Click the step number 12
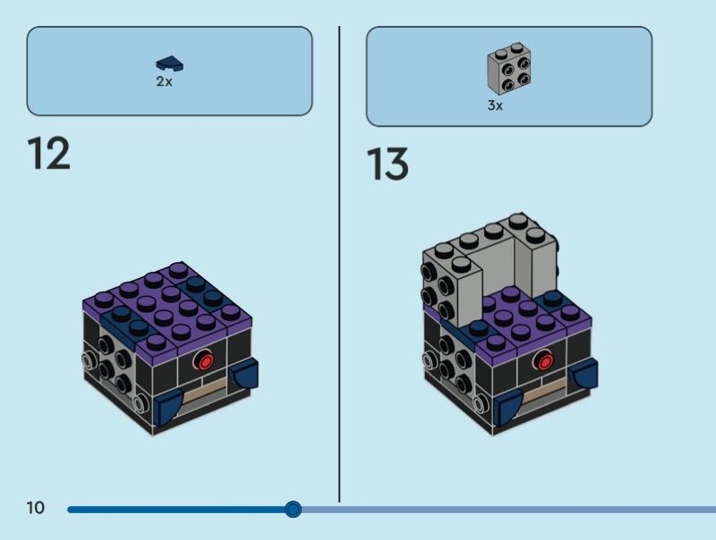[x=48, y=154]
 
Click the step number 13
[x=388, y=165]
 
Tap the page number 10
[x=35, y=509]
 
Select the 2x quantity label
[x=164, y=81]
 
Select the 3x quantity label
[x=495, y=105]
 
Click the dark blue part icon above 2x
[x=168, y=63]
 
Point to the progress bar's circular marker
[x=293, y=510]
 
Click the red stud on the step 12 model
[x=205, y=362]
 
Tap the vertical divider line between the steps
[x=339, y=268]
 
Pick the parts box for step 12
[x=169, y=71]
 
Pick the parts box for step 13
[x=508, y=76]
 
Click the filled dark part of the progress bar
[x=179, y=510]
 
